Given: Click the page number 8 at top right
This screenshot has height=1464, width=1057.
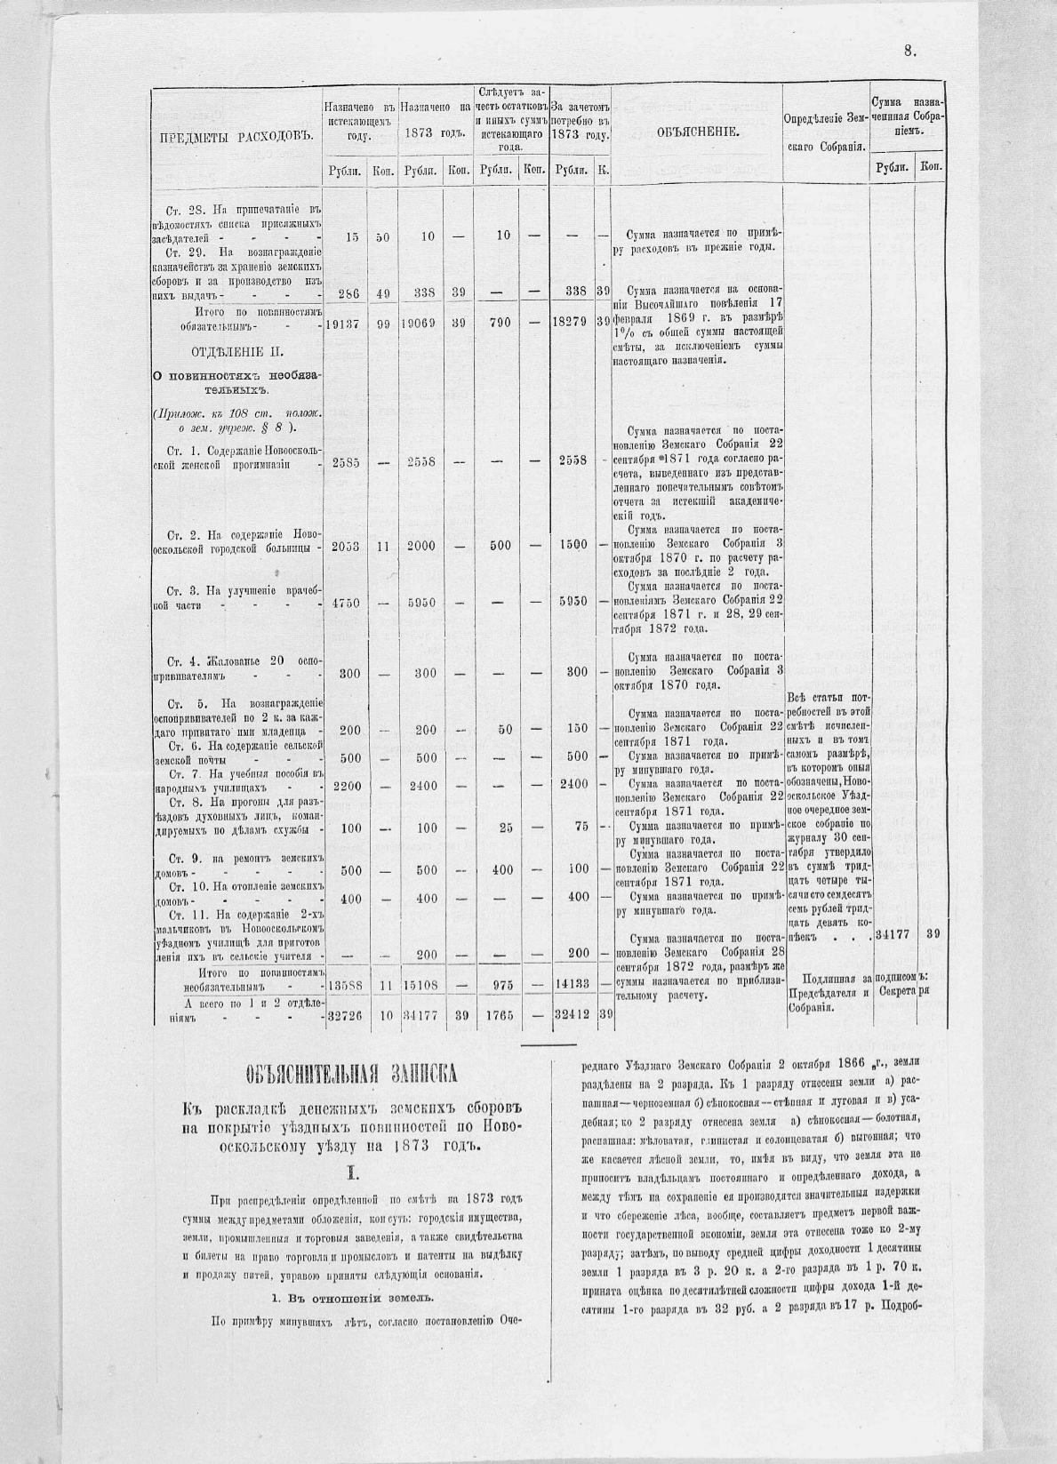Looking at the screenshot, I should click(909, 52).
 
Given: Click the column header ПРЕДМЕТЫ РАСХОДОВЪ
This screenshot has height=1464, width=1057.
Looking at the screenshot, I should click(238, 136).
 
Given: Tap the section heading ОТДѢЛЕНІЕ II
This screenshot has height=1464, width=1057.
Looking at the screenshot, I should click(237, 349).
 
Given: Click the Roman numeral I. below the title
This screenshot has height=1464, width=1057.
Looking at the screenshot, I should click(351, 1173).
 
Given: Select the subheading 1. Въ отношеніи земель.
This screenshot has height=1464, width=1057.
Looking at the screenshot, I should click(351, 1297).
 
